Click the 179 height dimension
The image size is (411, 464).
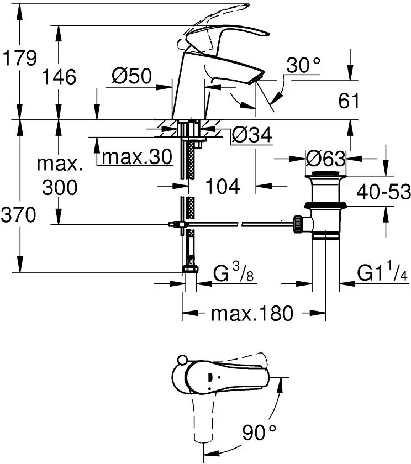coord(20,58)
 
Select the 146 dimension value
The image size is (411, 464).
coord(59,77)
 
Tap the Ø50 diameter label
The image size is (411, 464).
coord(131,76)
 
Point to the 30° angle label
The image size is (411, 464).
coord(303,65)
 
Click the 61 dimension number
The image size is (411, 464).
coord(349,101)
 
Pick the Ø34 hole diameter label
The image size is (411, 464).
coord(252,135)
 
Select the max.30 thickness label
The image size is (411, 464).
coord(136,156)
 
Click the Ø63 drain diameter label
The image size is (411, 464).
coord(325,159)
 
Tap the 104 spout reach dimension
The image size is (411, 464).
coord(223,187)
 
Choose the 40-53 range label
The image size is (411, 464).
coord(384,192)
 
